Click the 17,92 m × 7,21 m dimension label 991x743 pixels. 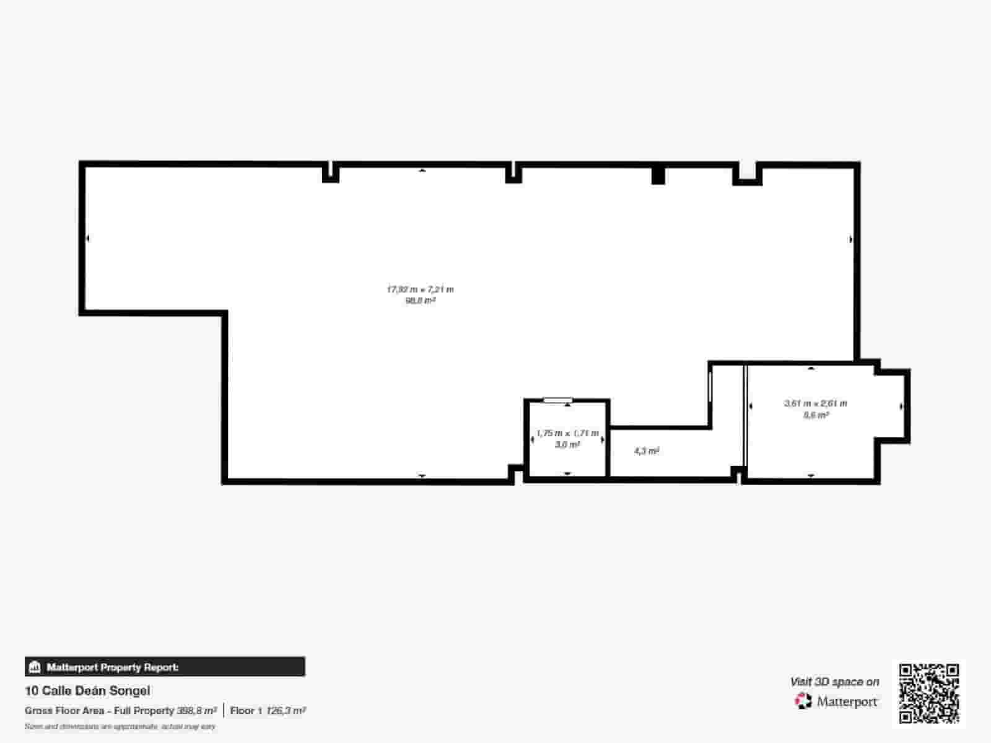[420, 289]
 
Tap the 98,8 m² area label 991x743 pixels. [420, 301]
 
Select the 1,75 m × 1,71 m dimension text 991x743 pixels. [567, 434]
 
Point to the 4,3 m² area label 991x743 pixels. [646, 451]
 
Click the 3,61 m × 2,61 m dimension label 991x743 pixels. [816, 403]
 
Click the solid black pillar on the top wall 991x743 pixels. [658, 175]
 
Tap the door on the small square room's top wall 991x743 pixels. [558, 400]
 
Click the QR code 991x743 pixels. [929, 693]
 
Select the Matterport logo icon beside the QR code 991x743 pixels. [803, 701]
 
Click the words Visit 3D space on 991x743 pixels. [834, 682]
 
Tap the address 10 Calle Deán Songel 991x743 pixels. [87, 690]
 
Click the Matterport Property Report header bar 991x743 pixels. [165, 667]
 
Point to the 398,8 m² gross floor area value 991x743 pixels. [197, 711]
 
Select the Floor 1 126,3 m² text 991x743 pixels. [268, 711]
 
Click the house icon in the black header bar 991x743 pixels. [35, 667]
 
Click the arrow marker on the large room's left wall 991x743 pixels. [88, 238]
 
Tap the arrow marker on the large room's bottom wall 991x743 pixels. [422, 475]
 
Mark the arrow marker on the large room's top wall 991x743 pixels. [422, 170]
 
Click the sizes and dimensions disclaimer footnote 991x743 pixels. [120, 726]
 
